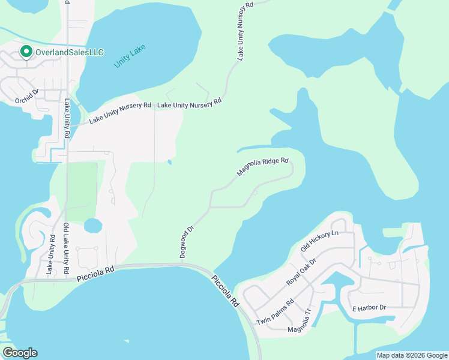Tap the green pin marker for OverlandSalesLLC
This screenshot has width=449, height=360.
coord(26,52)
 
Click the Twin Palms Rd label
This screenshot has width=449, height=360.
coord(274,312)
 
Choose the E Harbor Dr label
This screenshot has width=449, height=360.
coord(369,307)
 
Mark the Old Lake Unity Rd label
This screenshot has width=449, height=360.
coord(66,245)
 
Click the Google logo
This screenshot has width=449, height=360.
coord(20,352)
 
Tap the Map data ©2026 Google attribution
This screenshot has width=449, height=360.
coord(412,355)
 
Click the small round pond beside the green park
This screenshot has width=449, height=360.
coord(92,226)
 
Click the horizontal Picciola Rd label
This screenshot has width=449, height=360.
coord(95,275)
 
